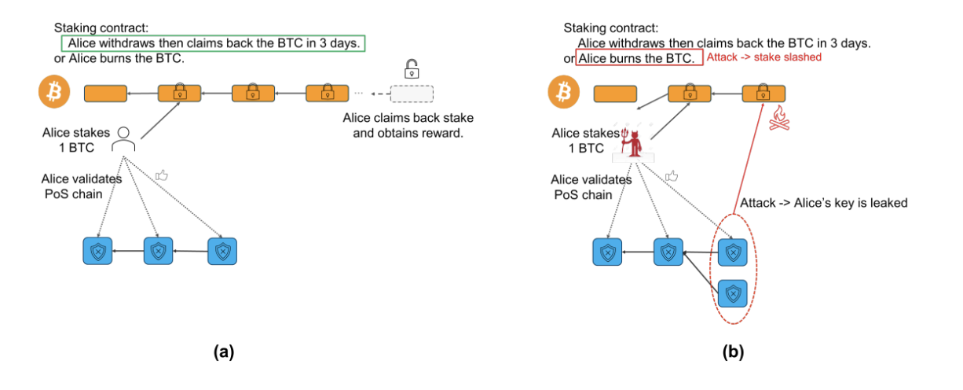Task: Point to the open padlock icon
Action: [410, 68]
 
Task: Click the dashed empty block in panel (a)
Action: [411, 94]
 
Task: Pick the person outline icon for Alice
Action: [123, 140]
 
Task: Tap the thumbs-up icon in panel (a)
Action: [162, 175]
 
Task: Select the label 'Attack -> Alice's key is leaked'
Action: [824, 203]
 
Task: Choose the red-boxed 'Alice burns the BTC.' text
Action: [636, 59]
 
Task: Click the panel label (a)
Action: [224, 352]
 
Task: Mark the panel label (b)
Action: [732, 352]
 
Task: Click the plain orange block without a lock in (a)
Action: [105, 94]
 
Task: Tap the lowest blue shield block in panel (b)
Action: [732, 293]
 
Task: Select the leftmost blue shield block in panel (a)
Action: [97, 251]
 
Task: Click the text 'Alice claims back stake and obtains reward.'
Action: [408, 126]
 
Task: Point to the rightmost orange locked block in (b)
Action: [763, 94]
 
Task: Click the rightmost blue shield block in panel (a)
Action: [222, 251]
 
